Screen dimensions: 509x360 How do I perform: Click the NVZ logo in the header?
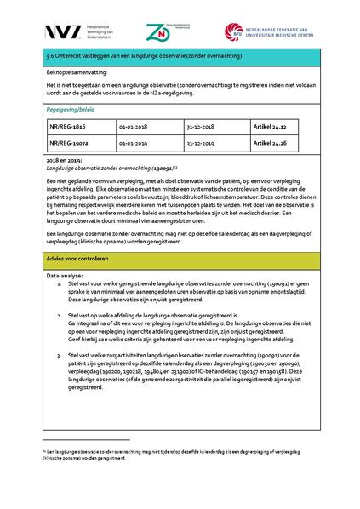[64, 31]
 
